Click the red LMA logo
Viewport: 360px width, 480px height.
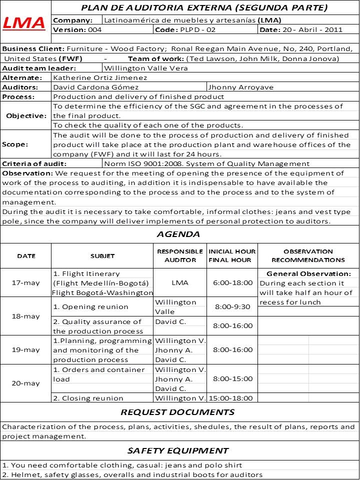pyautogui.click(x=24, y=22)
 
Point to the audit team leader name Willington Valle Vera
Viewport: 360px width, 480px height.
pyautogui.click(x=146, y=68)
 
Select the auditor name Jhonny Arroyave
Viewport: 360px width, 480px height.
pyautogui.click(x=241, y=87)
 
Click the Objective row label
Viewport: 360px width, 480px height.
pyautogui.click(x=26, y=115)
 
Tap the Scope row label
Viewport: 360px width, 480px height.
pyautogui.click(x=15, y=144)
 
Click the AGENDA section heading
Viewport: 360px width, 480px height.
pyautogui.click(x=178, y=234)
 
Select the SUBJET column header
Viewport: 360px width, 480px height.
pyautogui.click(x=102, y=256)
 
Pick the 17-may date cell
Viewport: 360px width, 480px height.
pyautogui.click(x=26, y=282)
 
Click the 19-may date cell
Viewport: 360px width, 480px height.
pyautogui.click(x=26, y=350)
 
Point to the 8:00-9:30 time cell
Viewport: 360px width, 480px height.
pyautogui.click(x=232, y=306)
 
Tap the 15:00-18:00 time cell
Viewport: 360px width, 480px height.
pyautogui.click(x=231, y=398)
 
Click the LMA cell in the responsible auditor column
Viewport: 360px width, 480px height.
pyautogui.click(x=180, y=282)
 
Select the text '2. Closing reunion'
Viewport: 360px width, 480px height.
pyautogui.click(x=88, y=398)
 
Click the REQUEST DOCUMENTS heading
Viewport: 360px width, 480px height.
pyautogui.click(x=177, y=412)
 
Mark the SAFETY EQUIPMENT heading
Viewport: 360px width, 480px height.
pyautogui.click(x=178, y=450)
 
